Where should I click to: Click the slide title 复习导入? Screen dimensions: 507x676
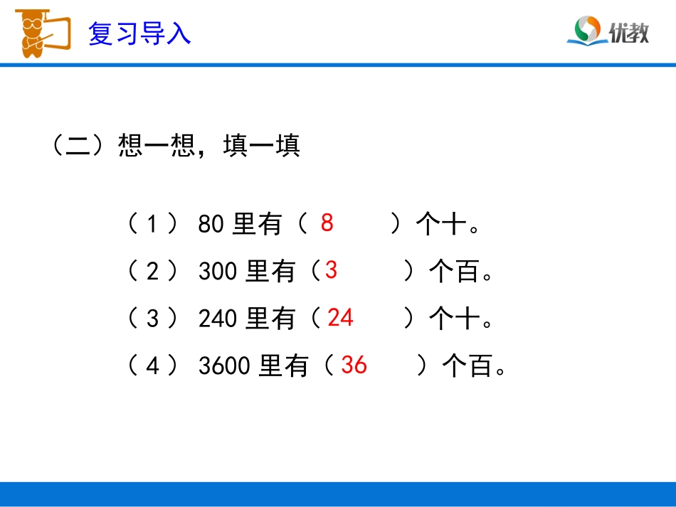tap(139, 33)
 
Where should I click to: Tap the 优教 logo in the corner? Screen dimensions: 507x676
tap(608, 31)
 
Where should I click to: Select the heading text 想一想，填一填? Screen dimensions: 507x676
tap(209, 146)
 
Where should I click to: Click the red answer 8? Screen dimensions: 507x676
tap(327, 223)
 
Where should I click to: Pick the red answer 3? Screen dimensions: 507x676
tap(331, 270)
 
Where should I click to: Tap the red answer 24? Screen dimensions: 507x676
tap(340, 318)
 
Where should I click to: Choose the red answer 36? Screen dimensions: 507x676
tap(354, 365)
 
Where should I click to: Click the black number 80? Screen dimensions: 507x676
tap(211, 225)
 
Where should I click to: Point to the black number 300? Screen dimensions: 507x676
tap(218, 272)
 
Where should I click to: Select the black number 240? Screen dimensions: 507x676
tap(218, 319)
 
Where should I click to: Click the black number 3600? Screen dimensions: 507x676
tap(225, 366)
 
